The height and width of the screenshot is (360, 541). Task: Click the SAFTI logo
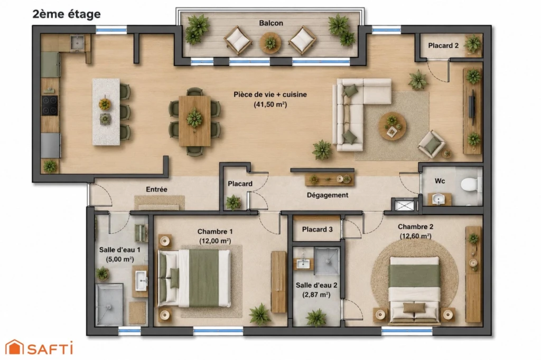click(x=39, y=347)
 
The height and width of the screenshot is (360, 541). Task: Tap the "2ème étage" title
click(x=67, y=14)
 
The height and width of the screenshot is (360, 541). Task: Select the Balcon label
click(x=271, y=23)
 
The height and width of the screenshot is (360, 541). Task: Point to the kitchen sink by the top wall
click(x=77, y=43)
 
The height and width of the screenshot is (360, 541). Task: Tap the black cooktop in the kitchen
click(x=50, y=106)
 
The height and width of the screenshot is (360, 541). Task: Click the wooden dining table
click(x=194, y=121)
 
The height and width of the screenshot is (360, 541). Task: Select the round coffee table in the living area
click(x=393, y=126)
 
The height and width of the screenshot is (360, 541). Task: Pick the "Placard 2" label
click(x=443, y=45)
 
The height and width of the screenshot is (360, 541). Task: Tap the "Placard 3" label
click(x=317, y=229)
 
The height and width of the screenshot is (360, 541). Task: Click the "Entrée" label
click(x=156, y=190)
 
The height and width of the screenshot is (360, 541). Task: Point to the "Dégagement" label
click(x=328, y=195)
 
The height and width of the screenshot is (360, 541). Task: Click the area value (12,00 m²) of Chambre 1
click(x=215, y=241)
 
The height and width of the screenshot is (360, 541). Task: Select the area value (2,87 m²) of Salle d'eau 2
click(x=316, y=295)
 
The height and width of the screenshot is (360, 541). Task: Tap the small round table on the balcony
click(x=270, y=43)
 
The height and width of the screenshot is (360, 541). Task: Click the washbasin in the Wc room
click(x=439, y=199)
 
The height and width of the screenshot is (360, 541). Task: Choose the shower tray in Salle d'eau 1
click(x=109, y=305)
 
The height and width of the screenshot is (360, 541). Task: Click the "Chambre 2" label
click(x=415, y=227)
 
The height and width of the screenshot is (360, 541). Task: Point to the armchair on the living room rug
click(x=431, y=144)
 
